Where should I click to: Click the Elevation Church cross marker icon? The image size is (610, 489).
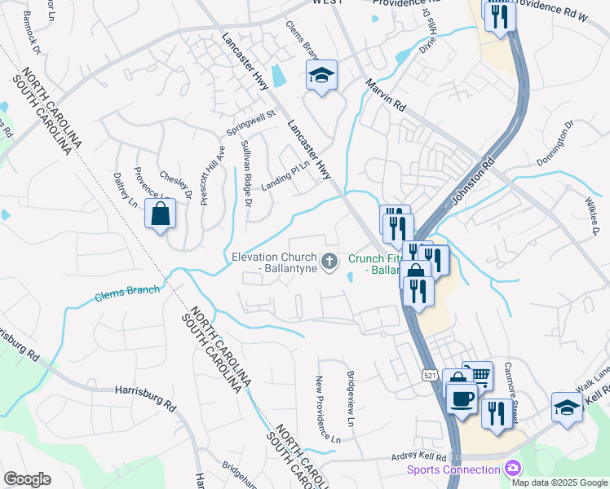pyautogui.click(x=329, y=262)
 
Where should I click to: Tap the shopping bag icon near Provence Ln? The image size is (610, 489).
pyautogui.click(x=161, y=214)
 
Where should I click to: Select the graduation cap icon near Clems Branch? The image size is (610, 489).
pyautogui.click(x=322, y=77)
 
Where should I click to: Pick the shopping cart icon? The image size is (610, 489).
pyautogui.click(x=478, y=376)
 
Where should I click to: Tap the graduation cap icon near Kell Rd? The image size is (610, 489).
pyautogui.click(x=567, y=407)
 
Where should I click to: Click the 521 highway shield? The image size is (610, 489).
pyautogui.click(x=430, y=374)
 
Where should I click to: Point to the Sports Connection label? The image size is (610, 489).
pyautogui.click(x=453, y=469)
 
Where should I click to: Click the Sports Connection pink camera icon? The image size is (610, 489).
pyautogui.click(x=513, y=469)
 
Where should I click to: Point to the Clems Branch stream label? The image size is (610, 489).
pyautogui.click(x=128, y=291)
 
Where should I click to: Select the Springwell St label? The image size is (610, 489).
pyautogui.click(x=250, y=124)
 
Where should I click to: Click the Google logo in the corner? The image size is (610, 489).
pyautogui.click(x=27, y=479)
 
